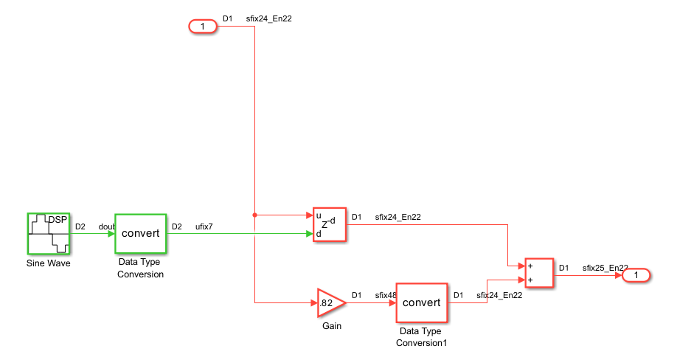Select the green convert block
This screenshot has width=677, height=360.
pyautogui.click(x=140, y=233)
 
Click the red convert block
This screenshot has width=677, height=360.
pyautogui.click(x=422, y=302)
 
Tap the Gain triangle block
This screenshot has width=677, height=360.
pyautogui.click(x=330, y=302)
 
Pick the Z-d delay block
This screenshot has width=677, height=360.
pyautogui.click(x=329, y=224)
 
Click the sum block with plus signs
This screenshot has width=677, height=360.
pyautogui.click(x=538, y=272)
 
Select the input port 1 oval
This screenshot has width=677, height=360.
pyautogui.click(x=203, y=27)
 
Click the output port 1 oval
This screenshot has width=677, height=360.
pyautogui.click(x=636, y=275)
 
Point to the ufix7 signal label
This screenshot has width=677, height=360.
pyautogui.click(x=204, y=226)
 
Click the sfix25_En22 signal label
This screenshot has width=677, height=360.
pyautogui.click(x=605, y=268)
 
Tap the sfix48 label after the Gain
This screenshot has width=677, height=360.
pyautogui.click(x=384, y=296)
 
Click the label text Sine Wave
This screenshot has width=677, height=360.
pyautogui.click(x=49, y=263)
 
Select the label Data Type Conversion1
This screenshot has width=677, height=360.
pyautogui.click(x=422, y=337)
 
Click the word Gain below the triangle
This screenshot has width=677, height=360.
pyautogui.click(x=332, y=326)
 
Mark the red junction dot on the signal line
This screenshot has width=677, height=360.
pyautogui.click(x=255, y=215)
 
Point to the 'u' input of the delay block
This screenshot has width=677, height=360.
pyautogui.click(x=318, y=215)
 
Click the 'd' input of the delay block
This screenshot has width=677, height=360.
pyautogui.click(x=318, y=234)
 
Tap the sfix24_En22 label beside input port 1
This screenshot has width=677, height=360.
pyautogui.click(x=269, y=19)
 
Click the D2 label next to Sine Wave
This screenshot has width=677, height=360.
pyautogui.click(x=80, y=226)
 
